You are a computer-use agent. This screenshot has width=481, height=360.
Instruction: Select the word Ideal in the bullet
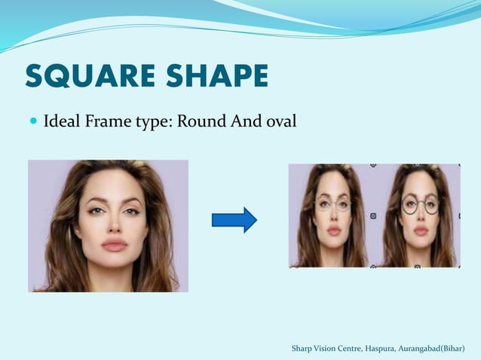point(62,120)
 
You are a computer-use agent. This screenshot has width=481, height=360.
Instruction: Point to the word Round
point(200,120)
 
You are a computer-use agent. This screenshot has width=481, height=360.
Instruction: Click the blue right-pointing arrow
point(234,220)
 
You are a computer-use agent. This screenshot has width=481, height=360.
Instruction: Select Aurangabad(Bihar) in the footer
point(437,348)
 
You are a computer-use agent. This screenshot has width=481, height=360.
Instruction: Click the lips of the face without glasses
point(114,244)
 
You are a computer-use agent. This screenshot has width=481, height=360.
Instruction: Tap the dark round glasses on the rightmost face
point(420,203)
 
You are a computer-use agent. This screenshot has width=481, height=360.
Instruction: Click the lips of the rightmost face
point(421,226)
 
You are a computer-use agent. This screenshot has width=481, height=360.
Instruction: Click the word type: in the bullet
point(152,121)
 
